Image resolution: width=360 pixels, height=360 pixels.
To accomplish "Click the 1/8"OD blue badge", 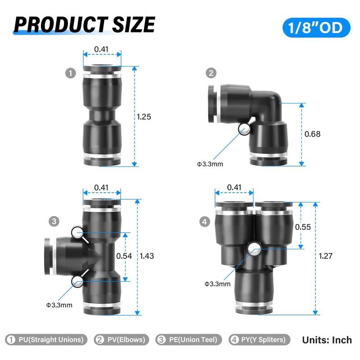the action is click(316, 27).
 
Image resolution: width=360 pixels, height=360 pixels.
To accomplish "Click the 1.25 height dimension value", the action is click(144, 117).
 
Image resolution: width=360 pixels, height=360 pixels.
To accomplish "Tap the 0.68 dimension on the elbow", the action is click(312, 134).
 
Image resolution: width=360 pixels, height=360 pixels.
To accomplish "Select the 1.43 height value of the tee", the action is click(147, 256).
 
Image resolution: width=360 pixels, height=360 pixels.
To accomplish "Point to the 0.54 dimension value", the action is click(124, 256).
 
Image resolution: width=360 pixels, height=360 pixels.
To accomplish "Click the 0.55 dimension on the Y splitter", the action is click(303, 227).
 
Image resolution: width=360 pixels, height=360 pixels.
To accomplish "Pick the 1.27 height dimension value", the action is click(325, 256).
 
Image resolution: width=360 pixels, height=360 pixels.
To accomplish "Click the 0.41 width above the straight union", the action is click(101, 49).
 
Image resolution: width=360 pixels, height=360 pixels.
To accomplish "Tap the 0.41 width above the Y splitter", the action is click(234, 188).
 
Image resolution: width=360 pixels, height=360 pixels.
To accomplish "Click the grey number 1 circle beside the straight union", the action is click(71, 73).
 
